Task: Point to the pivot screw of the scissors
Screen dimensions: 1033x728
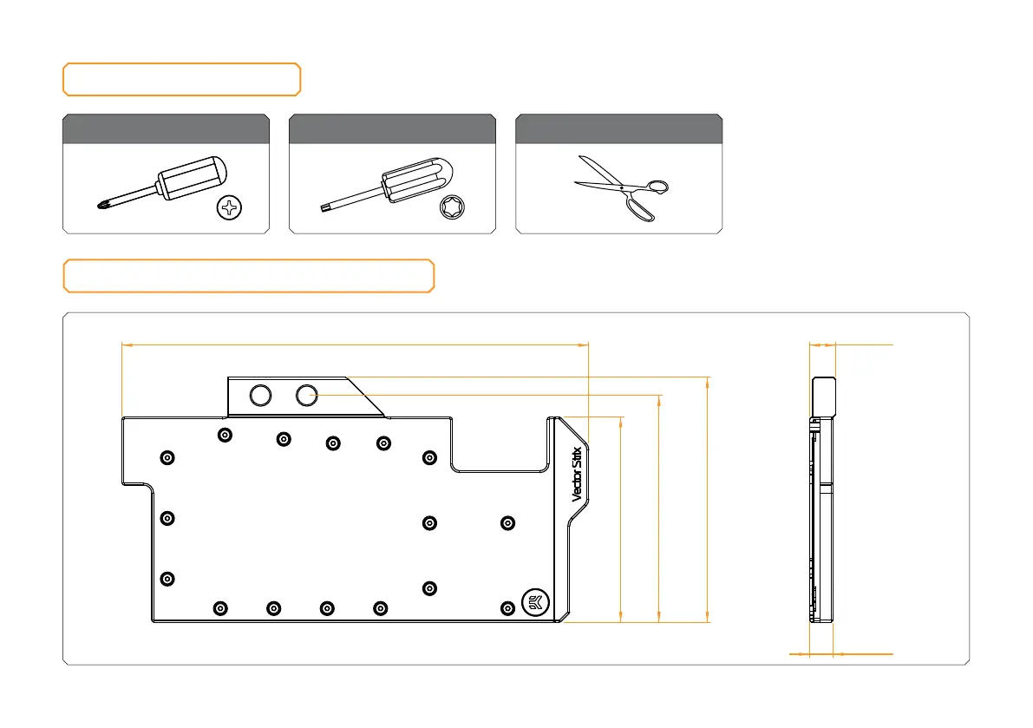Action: pos(622,187)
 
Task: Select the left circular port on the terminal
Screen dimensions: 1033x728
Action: pos(260,396)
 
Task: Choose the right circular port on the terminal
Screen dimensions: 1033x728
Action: pos(307,396)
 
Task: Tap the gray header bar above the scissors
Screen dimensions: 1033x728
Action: pos(619,128)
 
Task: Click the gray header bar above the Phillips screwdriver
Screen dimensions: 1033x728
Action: pos(166,128)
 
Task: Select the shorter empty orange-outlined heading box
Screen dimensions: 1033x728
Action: pos(181,79)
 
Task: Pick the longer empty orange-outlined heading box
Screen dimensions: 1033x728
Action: pos(248,275)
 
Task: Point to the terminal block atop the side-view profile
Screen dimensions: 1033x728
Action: pos(823,397)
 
